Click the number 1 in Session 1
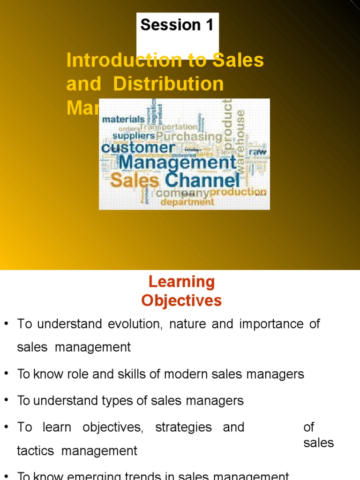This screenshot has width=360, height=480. point(208,25)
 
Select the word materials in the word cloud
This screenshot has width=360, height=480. point(123,119)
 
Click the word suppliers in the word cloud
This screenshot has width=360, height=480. point(134,136)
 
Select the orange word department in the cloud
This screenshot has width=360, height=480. point(187,202)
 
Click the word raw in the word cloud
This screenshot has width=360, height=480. point(257,152)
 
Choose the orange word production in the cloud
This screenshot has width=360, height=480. point(238,192)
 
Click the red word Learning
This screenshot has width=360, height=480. point(181,282)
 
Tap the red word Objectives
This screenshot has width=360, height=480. point(181,300)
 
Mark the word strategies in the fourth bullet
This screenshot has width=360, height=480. point(183,427)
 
